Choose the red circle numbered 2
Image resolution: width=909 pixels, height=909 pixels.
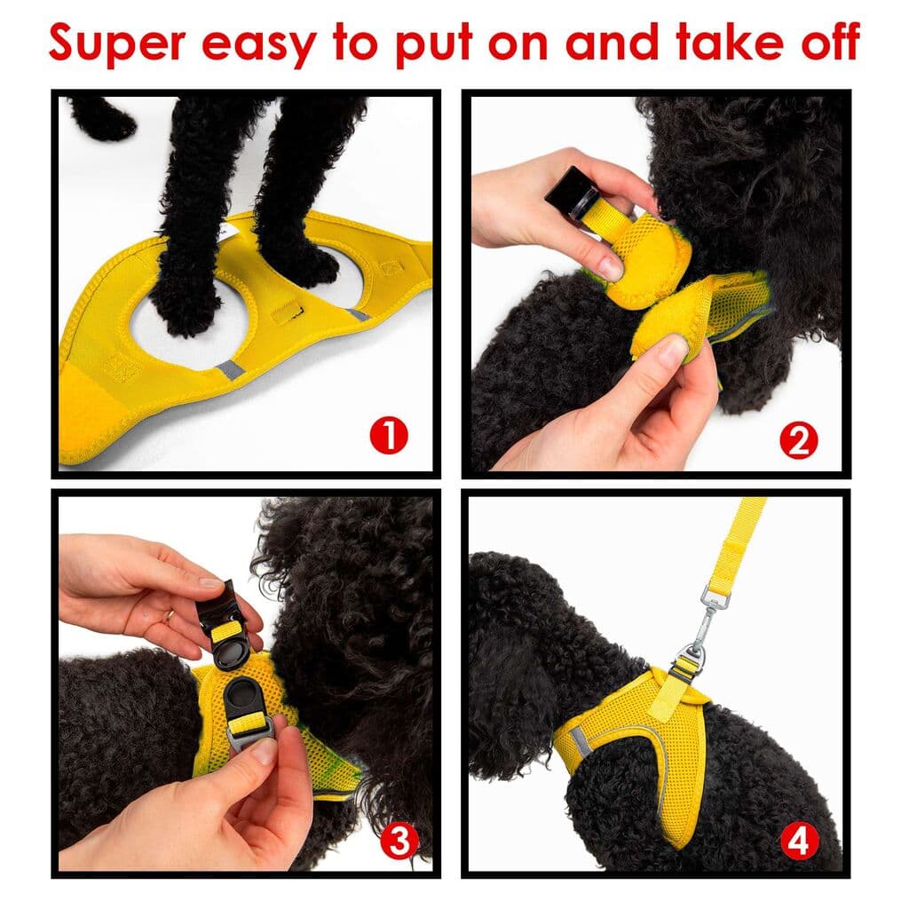798,440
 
